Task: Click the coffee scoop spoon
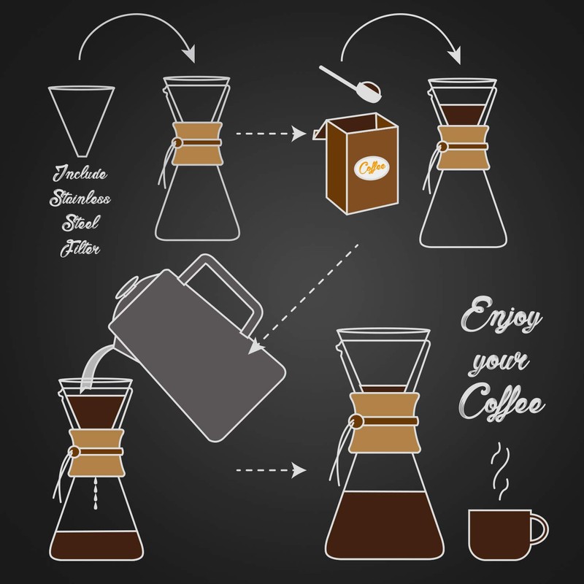pos(350,82)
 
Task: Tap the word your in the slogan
pos(491,363)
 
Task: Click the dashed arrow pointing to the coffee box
pos(269,134)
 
